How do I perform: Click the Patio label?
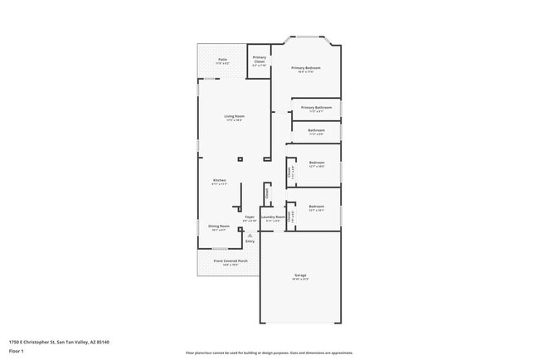[x=223, y=61]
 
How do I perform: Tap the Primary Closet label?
[x=260, y=61]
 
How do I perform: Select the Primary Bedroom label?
[x=305, y=69]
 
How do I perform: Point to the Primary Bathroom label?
[x=317, y=109]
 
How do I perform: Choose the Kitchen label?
[x=220, y=182]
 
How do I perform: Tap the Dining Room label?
[x=219, y=227]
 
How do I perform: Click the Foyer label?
[x=250, y=219]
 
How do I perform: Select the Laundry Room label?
[x=273, y=218]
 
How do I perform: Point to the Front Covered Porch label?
[x=228, y=261]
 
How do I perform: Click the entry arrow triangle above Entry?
[x=250, y=235]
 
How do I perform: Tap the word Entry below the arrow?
[x=250, y=241]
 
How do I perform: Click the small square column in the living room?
[x=240, y=159]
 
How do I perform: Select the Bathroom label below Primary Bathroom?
[x=317, y=131]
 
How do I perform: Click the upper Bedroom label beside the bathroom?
[x=317, y=163]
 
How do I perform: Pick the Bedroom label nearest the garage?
[x=317, y=207]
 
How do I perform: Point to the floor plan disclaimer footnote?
[x=269, y=353]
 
